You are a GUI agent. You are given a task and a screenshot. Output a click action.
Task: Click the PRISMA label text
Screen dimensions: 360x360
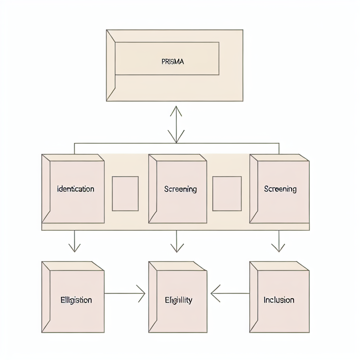pyautogui.click(x=173, y=62)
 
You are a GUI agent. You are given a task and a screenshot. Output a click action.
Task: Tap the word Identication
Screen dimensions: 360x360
pyautogui.click(x=76, y=189)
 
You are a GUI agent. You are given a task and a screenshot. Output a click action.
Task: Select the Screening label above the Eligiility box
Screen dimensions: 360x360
pyautogui.click(x=180, y=189)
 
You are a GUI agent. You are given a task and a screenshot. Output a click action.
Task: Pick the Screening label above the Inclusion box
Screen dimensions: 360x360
pyautogui.click(x=280, y=189)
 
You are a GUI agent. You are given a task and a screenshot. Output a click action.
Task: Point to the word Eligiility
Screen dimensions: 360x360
pyautogui.click(x=179, y=300)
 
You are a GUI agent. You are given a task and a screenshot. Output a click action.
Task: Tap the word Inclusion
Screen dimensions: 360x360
pyautogui.click(x=279, y=300)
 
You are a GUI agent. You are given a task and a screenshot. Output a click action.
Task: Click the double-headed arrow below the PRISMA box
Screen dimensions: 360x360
pyautogui.click(x=175, y=125)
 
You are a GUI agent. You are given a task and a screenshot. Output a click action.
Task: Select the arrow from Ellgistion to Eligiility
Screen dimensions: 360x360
pyautogui.click(x=125, y=293)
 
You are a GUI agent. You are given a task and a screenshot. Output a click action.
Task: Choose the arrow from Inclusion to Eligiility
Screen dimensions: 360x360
pyautogui.click(x=230, y=293)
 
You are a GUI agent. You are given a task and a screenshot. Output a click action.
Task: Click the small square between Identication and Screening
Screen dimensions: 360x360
pyautogui.click(x=125, y=194)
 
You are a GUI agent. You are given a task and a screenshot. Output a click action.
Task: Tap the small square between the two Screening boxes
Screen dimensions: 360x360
pyautogui.click(x=227, y=194)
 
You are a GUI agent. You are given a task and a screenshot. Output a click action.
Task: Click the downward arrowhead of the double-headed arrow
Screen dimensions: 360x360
pyautogui.click(x=175, y=138)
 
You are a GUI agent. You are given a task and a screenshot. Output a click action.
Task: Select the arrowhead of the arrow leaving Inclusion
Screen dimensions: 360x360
pyautogui.click(x=215, y=293)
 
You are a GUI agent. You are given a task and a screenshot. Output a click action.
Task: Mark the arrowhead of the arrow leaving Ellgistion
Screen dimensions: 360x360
pyautogui.click(x=141, y=293)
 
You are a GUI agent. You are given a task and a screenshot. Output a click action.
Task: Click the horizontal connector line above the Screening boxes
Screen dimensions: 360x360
pyautogui.click(x=229, y=143)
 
